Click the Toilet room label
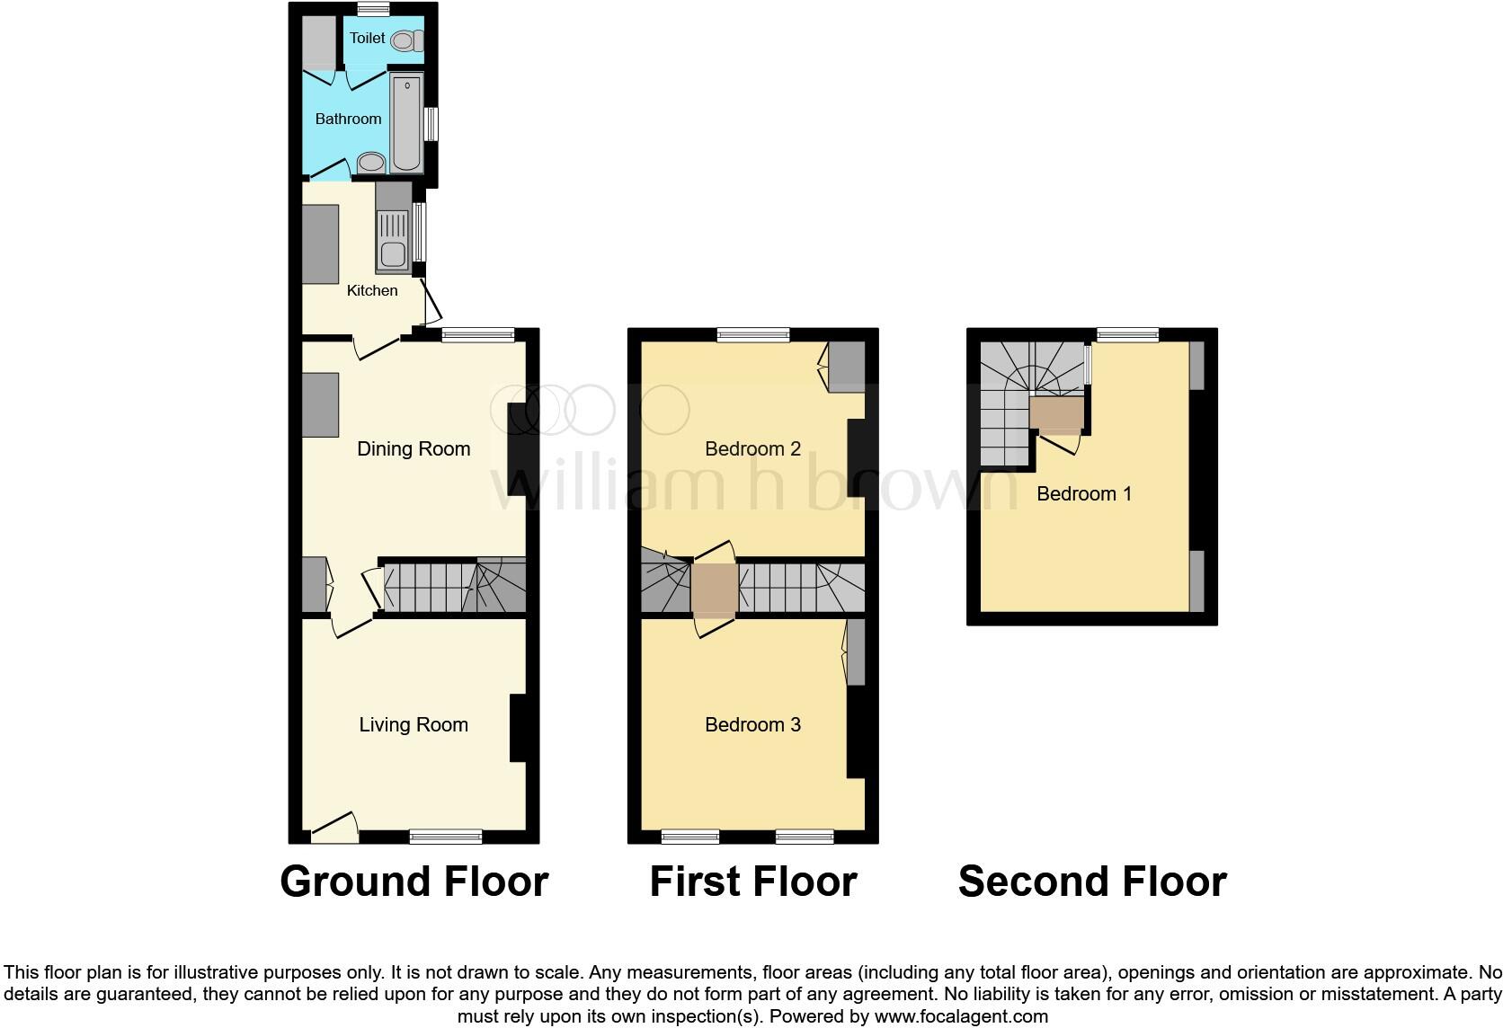click(367, 38)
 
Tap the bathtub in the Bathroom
click(407, 123)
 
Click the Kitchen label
click(372, 290)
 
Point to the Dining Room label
click(414, 448)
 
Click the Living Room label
click(414, 724)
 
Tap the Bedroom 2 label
click(752, 448)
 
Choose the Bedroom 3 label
click(752, 724)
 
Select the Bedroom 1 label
click(1084, 493)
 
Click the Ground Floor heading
click(414, 882)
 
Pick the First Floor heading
click(752, 882)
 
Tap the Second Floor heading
click(1092, 882)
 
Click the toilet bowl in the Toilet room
click(409, 40)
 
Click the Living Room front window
click(446, 837)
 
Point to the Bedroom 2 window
click(753, 335)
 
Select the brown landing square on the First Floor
click(715, 589)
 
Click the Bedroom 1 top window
click(1127, 335)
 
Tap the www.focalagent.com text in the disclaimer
click(961, 1017)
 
